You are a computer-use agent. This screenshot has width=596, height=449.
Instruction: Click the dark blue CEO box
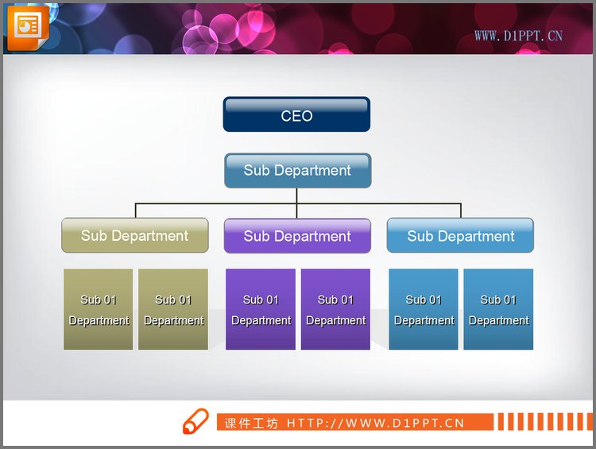[296, 114]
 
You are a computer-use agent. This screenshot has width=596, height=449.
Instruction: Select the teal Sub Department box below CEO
[298, 170]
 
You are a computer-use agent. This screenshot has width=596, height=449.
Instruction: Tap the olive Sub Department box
[135, 235]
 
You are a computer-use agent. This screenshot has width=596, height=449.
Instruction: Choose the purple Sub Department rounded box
[297, 236]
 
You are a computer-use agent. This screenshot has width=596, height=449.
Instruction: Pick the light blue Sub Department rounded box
[460, 235]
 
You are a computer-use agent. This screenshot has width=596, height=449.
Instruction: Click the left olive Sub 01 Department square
[98, 309]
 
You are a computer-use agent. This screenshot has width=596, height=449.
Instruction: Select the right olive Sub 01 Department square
[173, 309]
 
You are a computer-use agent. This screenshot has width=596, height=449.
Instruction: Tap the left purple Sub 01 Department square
[261, 309]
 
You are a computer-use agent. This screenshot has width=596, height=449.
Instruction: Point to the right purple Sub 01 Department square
[335, 309]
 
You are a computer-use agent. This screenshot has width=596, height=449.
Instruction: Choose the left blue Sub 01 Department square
[424, 309]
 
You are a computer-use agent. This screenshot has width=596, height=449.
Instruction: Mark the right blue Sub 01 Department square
[498, 309]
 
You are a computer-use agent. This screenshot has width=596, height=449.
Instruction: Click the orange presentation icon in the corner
[28, 27]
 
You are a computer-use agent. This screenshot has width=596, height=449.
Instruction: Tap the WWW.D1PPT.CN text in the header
[518, 36]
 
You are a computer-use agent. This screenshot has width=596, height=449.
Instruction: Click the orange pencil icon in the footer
[195, 421]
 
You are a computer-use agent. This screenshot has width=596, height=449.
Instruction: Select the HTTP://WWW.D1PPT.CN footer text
[375, 423]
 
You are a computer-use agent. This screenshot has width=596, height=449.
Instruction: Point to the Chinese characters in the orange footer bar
[251, 423]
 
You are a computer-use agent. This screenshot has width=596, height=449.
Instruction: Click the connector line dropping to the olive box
[136, 211]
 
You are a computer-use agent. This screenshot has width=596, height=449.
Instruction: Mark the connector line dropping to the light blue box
[461, 211]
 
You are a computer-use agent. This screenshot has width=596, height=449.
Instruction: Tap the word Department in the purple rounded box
[312, 237]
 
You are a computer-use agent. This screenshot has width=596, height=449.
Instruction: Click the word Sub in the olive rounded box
[94, 236]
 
